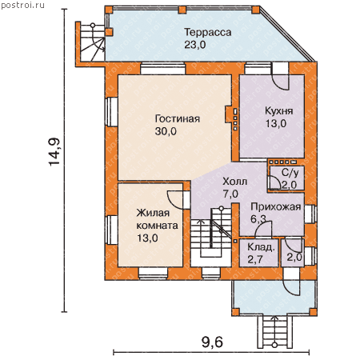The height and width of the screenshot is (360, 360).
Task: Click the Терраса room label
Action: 208,33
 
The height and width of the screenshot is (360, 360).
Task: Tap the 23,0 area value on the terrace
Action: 195,45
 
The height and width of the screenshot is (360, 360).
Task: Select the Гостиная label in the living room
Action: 178,119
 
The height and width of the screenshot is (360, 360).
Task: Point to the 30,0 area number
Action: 166,131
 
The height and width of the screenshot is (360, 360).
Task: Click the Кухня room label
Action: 278,111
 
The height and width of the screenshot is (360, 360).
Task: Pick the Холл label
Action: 235,182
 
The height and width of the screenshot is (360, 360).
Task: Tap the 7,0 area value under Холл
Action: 230,194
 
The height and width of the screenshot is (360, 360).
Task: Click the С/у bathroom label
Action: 290,173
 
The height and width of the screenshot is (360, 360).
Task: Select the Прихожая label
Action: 276,207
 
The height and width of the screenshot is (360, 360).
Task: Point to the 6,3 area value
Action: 258,219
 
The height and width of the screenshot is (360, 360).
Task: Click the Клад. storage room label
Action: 261,247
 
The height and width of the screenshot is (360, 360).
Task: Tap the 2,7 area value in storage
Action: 255,259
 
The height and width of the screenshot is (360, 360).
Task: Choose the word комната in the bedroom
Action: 157,226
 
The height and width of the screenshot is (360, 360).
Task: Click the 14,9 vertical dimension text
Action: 54,152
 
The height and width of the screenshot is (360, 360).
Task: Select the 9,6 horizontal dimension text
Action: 212,342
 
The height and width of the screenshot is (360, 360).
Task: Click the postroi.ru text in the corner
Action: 22,5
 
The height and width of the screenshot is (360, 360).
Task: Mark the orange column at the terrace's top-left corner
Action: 109,10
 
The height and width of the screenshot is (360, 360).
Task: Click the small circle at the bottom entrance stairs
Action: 274,345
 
